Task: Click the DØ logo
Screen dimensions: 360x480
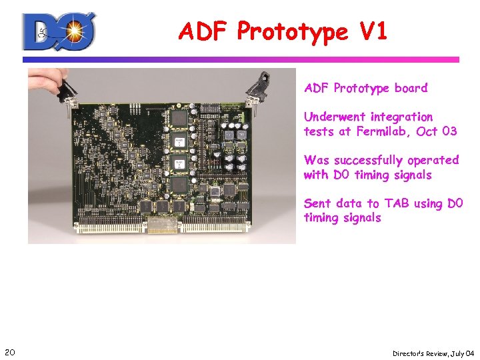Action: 59,31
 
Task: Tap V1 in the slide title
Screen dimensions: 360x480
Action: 371,31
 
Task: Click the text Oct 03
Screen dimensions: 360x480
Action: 437,131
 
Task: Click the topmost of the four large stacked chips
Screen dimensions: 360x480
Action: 179,119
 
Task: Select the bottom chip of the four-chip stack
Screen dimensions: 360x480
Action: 179,185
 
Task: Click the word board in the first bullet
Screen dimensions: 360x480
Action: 411,88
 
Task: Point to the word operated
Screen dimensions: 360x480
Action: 434,160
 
